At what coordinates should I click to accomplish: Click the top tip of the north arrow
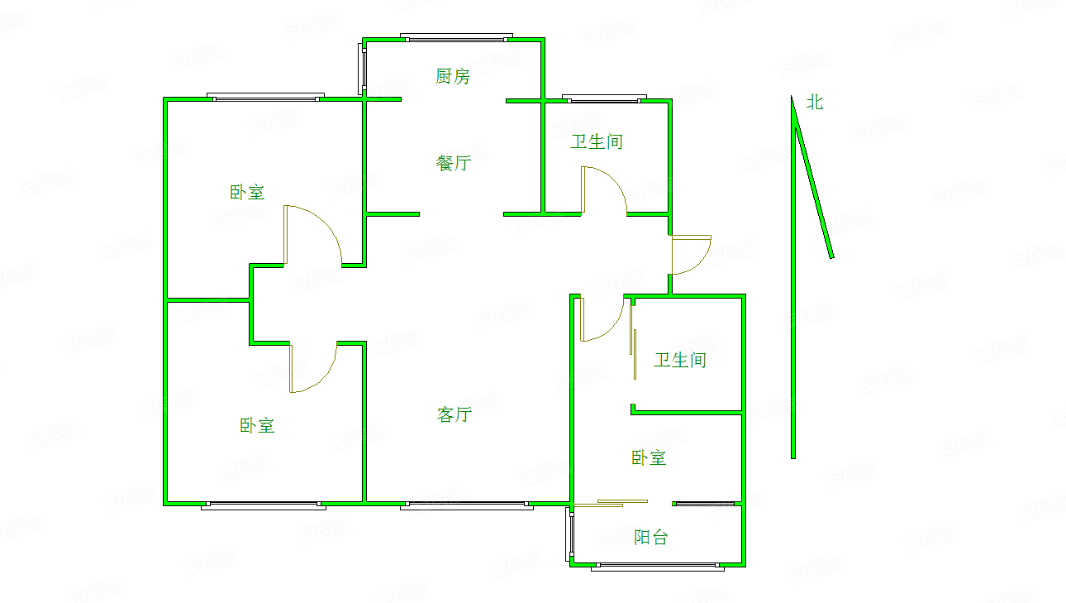tap(792, 96)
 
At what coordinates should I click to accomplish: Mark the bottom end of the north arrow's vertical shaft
tap(793, 458)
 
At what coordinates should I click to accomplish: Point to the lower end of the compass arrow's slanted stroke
tap(832, 257)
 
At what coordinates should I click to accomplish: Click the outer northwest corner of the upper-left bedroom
tap(164, 98)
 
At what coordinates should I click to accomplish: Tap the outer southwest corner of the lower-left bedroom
tap(164, 505)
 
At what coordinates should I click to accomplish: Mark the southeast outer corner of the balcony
tap(745, 567)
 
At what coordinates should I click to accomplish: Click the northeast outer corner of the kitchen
tap(545, 38)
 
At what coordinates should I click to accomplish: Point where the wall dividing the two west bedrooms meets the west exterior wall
tap(165, 300)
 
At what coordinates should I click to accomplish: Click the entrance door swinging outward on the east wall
tap(691, 255)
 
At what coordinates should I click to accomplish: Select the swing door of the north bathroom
tap(604, 189)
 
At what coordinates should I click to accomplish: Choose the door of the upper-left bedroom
tap(312, 235)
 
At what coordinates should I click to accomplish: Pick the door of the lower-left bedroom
tap(313, 367)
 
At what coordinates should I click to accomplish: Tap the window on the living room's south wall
tap(467, 505)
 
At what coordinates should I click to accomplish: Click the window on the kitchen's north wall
tap(456, 37)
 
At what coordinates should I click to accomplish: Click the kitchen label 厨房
tap(453, 76)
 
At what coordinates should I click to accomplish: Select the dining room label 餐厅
tap(454, 164)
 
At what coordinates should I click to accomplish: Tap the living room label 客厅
tap(454, 414)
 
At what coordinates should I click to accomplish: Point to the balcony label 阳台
tap(651, 538)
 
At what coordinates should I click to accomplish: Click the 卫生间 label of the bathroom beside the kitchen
tap(597, 142)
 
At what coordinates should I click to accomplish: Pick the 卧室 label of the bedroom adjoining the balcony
tap(649, 457)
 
